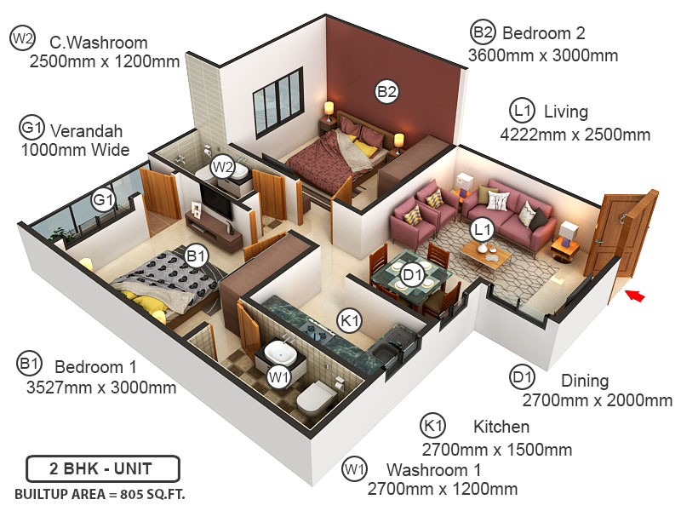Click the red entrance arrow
pyautogui.click(x=634, y=296)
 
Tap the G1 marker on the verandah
pyautogui.click(x=104, y=200)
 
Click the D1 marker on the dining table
pyautogui.click(x=412, y=274)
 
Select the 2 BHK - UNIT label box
pyautogui.click(x=101, y=469)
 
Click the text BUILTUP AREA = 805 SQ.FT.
pyautogui.click(x=100, y=494)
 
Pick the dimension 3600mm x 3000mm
pyautogui.click(x=543, y=55)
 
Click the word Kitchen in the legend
pyautogui.click(x=501, y=427)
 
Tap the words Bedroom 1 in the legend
pyautogui.click(x=95, y=366)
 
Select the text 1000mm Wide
pyautogui.click(x=75, y=150)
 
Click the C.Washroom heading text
pyautogui.click(x=98, y=42)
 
